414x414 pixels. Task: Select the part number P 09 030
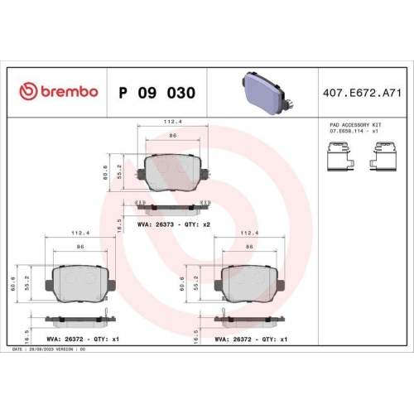tap(157, 92)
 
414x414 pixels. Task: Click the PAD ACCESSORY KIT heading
tap(354, 123)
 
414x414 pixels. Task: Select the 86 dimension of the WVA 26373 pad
tap(173, 136)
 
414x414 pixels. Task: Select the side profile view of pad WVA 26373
tap(171, 205)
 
